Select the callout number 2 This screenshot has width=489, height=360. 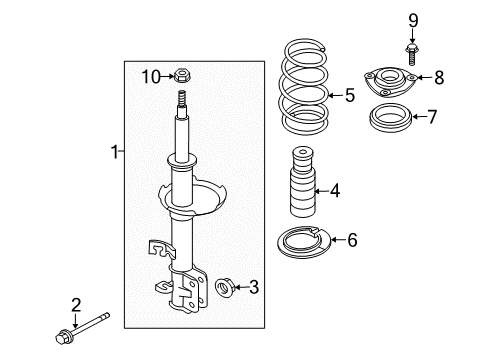74,307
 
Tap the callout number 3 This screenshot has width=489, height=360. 253,288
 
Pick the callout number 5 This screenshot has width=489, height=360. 349,96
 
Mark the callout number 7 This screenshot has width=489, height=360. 432,117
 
